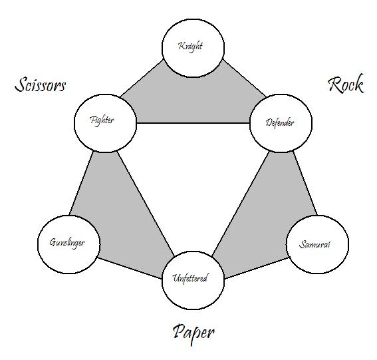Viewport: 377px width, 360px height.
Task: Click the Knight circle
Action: pos(193,48)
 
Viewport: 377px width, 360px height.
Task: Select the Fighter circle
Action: pos(105,123)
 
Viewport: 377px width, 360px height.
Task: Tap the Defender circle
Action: pos(281,123)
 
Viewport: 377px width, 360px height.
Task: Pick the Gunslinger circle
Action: pos(68,244)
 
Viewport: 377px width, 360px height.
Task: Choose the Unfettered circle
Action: pos(193,281)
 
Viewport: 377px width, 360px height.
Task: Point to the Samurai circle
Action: pos(317,244)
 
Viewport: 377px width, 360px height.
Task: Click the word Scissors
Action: pos(40,85)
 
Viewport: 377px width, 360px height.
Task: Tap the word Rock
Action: pos(346,84)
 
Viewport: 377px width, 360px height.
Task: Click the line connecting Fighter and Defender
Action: pos(193,123)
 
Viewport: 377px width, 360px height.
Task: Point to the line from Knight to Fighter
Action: pos(142,79)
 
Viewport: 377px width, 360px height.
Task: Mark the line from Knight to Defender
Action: pos(245,78)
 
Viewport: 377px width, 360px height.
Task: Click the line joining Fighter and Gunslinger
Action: pos(81,183)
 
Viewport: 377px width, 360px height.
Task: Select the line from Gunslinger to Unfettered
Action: pos(130,268)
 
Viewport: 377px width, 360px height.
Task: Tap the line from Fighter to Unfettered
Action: pos(145,204)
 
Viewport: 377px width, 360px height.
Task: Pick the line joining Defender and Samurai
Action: pos(305,183)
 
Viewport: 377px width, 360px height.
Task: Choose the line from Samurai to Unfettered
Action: pos(257,268)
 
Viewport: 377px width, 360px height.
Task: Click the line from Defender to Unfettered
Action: pos(241,204)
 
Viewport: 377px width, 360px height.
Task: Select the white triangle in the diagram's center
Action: pos(193,168)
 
